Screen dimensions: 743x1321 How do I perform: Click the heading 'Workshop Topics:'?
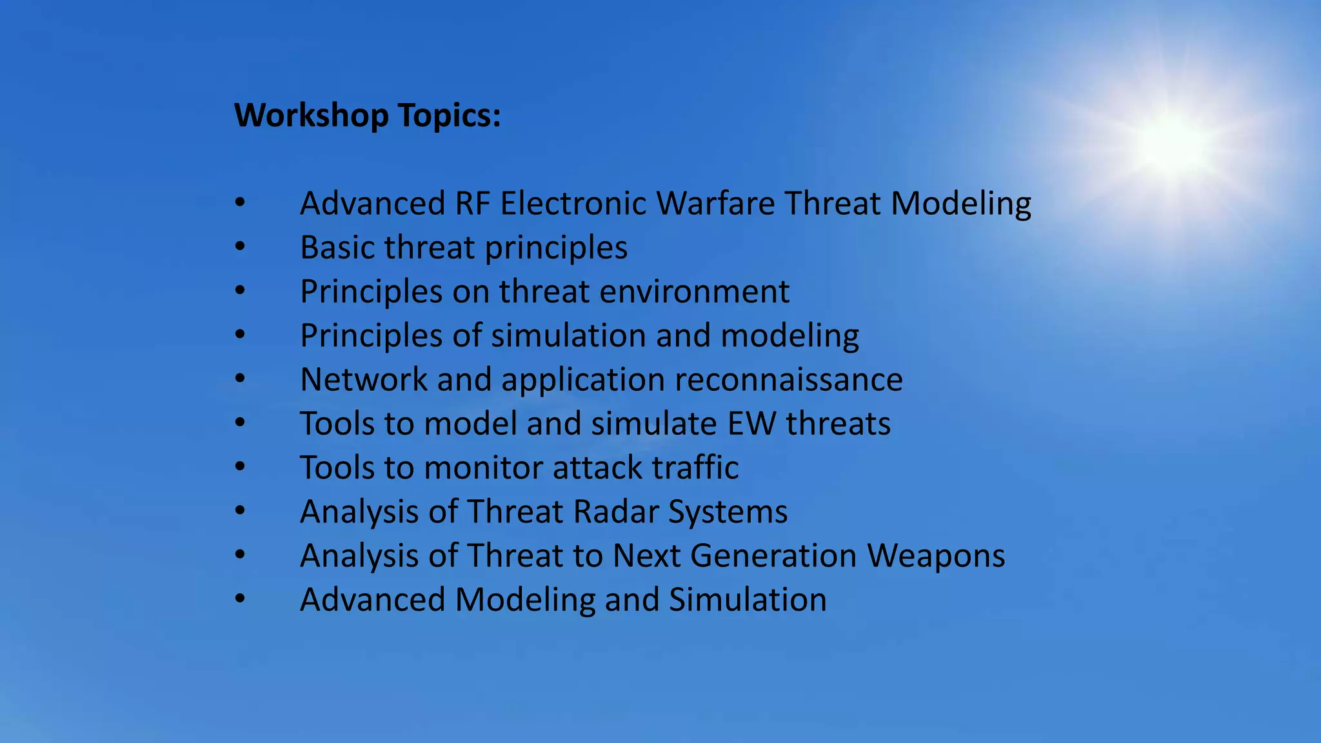pos(367,116)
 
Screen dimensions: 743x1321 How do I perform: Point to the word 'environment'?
pos(694,292)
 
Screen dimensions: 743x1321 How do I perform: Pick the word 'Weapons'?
pos(935,556)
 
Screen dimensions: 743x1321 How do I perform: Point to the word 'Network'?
pos(363,380)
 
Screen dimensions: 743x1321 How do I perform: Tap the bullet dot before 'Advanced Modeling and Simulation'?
pos(240,599)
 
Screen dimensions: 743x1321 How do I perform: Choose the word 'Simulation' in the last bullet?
pos(748,600)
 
